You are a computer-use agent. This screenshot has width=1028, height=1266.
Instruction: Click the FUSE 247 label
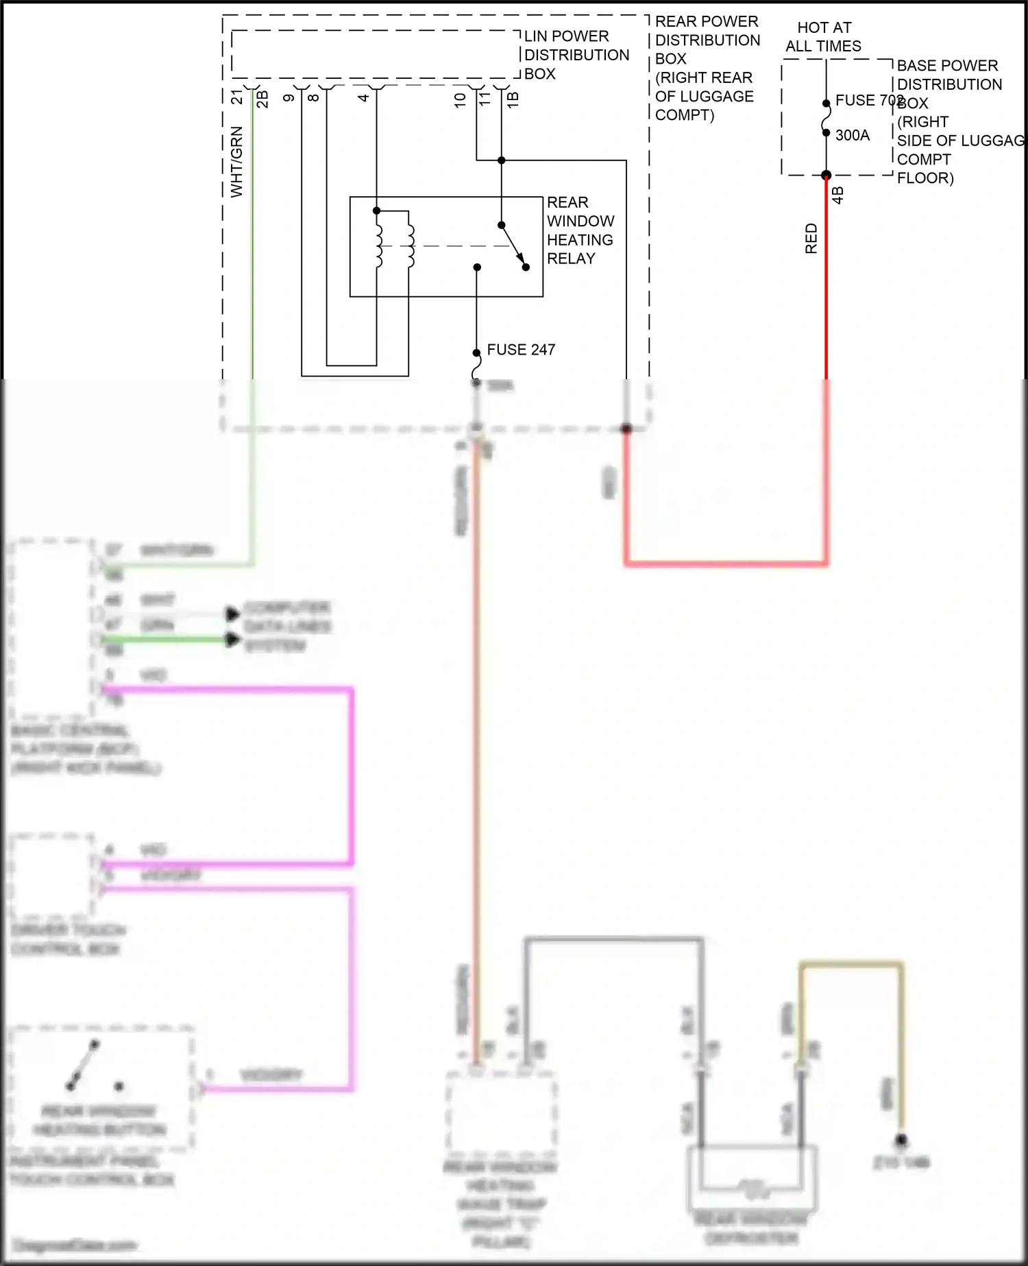520,350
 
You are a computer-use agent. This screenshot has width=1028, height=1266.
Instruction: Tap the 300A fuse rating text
852,135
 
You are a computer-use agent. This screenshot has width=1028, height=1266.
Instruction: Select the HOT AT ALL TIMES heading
823,37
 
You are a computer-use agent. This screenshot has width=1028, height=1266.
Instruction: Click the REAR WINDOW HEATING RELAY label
580,230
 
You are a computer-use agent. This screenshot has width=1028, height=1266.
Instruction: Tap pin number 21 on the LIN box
237,97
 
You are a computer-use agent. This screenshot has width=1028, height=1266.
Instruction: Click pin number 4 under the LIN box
364,97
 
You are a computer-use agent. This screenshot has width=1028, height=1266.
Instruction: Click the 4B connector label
837,195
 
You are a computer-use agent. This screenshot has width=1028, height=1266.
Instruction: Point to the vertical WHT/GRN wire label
236,162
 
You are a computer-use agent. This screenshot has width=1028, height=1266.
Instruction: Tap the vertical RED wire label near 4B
811,239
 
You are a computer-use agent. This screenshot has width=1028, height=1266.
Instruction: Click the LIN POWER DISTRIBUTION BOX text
576,55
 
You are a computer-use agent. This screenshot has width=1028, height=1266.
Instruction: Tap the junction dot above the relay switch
501,160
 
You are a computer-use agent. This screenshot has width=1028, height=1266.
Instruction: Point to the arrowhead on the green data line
234,640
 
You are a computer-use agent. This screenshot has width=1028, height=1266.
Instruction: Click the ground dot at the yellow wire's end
901,1140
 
